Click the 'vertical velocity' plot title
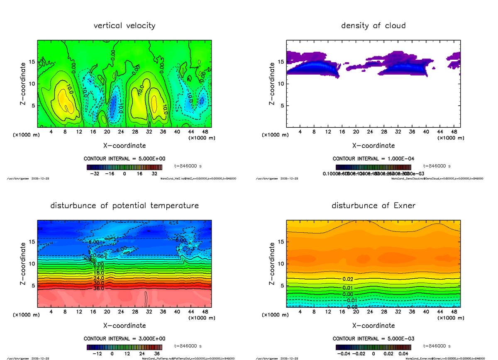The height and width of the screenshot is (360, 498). pyautogui.click(x=124, y=26)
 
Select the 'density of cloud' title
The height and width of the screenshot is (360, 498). pyautogui.click(x=373, y=26)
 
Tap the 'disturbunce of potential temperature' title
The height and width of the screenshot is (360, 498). pyautogui.click(x=124, y=206)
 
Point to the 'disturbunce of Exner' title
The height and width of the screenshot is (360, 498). pyautogui.click(x=373, y=206)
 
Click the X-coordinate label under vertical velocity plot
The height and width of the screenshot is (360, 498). pyautogui.click(x=124, y=146)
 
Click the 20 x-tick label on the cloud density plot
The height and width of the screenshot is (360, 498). pyautogui.click(x=356, y=132)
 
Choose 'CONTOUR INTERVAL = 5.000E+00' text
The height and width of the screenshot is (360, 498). pyautogui.click(x=124, y=159)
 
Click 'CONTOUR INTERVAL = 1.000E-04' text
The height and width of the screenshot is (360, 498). pyautogui.click(x=373, y=159)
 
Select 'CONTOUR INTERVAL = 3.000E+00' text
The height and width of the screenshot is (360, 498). pyautogui.click(x=124, y=339)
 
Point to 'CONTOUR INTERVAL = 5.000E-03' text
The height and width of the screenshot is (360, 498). pyautogui.click(x=373, y=339)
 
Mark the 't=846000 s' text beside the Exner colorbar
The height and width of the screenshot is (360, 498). pyautogui.click(x=437, y=346)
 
